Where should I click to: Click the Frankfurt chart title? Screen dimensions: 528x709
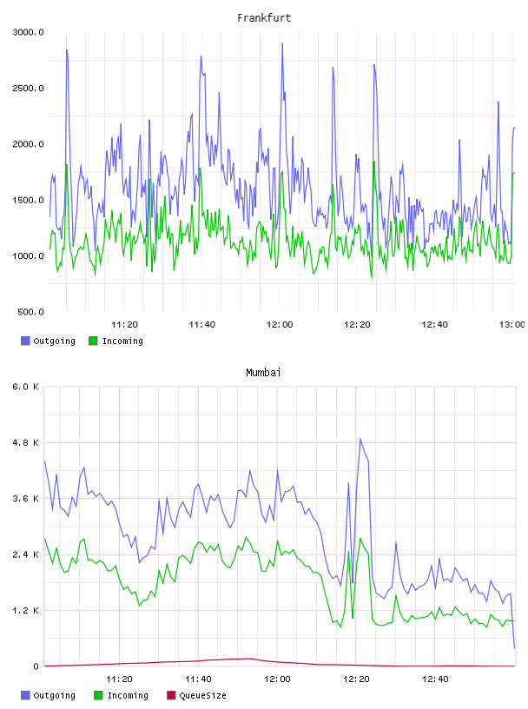264,18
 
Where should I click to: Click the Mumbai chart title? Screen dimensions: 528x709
263,373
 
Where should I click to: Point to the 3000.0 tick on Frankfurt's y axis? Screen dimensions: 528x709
28,32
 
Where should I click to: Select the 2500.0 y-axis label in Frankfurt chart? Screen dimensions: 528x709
28,88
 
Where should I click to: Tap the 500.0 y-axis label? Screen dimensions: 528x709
30,312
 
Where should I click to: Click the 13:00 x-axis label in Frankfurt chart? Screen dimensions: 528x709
511,325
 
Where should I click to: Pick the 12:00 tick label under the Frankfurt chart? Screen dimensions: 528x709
280,325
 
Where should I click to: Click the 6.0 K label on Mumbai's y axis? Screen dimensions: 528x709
26,387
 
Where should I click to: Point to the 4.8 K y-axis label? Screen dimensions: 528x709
26,442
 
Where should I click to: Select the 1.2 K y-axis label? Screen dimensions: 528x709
26,611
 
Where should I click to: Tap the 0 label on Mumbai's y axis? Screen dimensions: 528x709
36,666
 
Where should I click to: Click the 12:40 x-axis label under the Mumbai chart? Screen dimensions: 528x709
435,679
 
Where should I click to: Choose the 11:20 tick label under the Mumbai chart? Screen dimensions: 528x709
119,679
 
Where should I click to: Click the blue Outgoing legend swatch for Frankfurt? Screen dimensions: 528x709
25,341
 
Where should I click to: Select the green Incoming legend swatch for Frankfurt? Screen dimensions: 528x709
93,341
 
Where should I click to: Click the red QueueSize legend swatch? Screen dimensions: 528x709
171,695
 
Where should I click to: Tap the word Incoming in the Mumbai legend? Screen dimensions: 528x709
128,695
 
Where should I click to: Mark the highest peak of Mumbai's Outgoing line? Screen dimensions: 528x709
360,438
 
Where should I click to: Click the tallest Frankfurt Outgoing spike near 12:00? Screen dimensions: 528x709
282,43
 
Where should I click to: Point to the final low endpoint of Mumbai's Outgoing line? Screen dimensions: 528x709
514,648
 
